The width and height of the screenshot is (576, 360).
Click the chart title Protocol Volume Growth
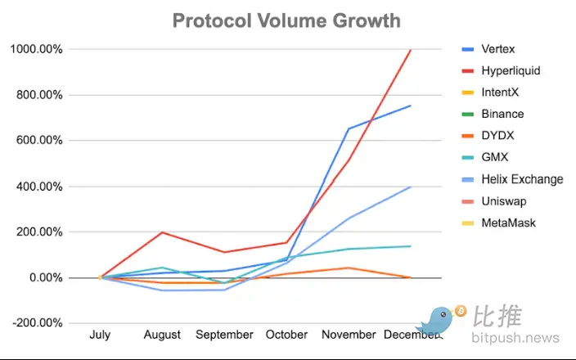point(286,20)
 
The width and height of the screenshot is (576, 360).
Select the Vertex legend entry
point(499,49)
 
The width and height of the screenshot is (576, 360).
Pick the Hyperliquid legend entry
point(511,71)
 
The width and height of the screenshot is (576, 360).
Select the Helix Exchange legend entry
point(522,179)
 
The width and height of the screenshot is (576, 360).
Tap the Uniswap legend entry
point(504,201)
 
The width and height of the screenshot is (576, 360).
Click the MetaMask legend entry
point(507,223)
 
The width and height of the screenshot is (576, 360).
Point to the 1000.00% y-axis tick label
point(36,50)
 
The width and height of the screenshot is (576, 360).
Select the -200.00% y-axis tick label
point(38,323)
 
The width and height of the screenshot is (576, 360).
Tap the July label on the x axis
point(100,335)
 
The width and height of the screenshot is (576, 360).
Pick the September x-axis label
point(225,335)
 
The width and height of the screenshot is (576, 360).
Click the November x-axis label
point(349,335)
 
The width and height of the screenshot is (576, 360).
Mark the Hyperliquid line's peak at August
point(162,232)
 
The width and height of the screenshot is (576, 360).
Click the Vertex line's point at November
point(349,128)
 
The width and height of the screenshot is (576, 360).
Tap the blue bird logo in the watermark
point(442,322)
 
